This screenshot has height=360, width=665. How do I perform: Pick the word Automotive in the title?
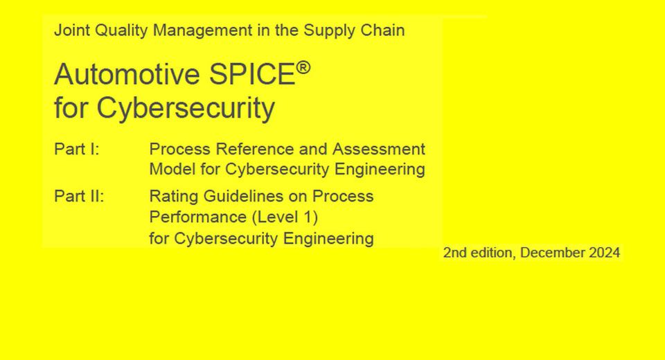click(127, 74)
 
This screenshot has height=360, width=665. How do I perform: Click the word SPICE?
click(252, 74)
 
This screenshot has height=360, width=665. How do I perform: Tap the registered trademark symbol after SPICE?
click(303, 68)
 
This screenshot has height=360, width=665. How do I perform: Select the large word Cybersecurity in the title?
click(186, 108)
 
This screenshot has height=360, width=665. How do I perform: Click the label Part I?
click(77, 150)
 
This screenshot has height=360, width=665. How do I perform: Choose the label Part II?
click(79, 197)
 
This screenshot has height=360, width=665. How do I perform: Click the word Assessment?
click(379, 150)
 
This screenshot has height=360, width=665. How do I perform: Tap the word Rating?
click(174, 197)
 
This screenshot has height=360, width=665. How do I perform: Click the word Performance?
click(198, 217)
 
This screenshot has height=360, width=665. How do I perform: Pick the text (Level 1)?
click(285, 217)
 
